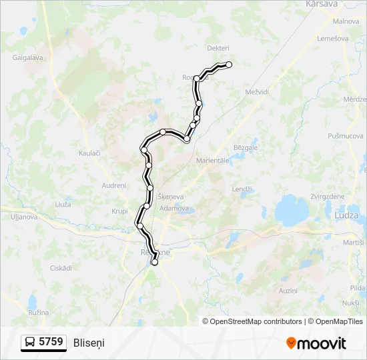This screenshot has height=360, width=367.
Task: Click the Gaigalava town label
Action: point(27,58)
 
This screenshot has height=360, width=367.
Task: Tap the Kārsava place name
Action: point(323,4)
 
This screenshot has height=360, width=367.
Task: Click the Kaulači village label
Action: point(89,153)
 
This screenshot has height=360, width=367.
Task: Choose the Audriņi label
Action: point(113,185)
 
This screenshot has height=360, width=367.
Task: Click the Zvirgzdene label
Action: point(328,197)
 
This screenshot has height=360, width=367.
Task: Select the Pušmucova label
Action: point(345,136)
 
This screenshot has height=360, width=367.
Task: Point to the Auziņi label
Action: point(288,291)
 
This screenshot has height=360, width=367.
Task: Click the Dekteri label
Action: point(218,48)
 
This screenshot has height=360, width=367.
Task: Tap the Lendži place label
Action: point(242,189)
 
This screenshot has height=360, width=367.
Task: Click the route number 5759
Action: point(51,342)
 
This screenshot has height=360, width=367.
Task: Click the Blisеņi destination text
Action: point(89,343)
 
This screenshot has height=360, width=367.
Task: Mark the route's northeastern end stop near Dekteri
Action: point(229,65)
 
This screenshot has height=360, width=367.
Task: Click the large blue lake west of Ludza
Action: point(292,211)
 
